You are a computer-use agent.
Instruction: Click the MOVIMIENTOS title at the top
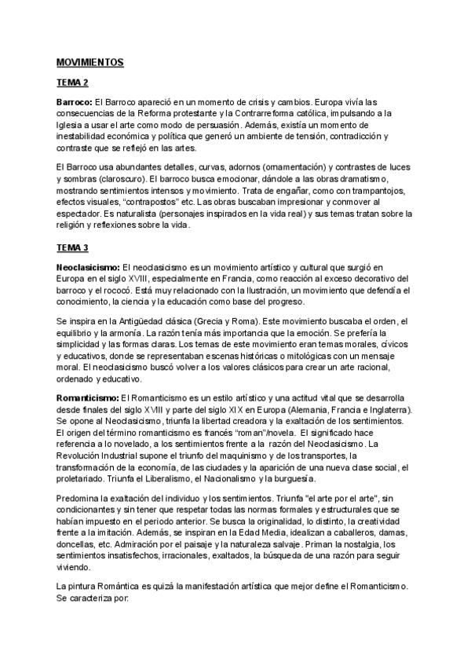tap(90, 61)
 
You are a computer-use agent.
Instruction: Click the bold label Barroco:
tap(75, 103)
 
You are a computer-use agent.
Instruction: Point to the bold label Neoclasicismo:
tap(88, 267)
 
